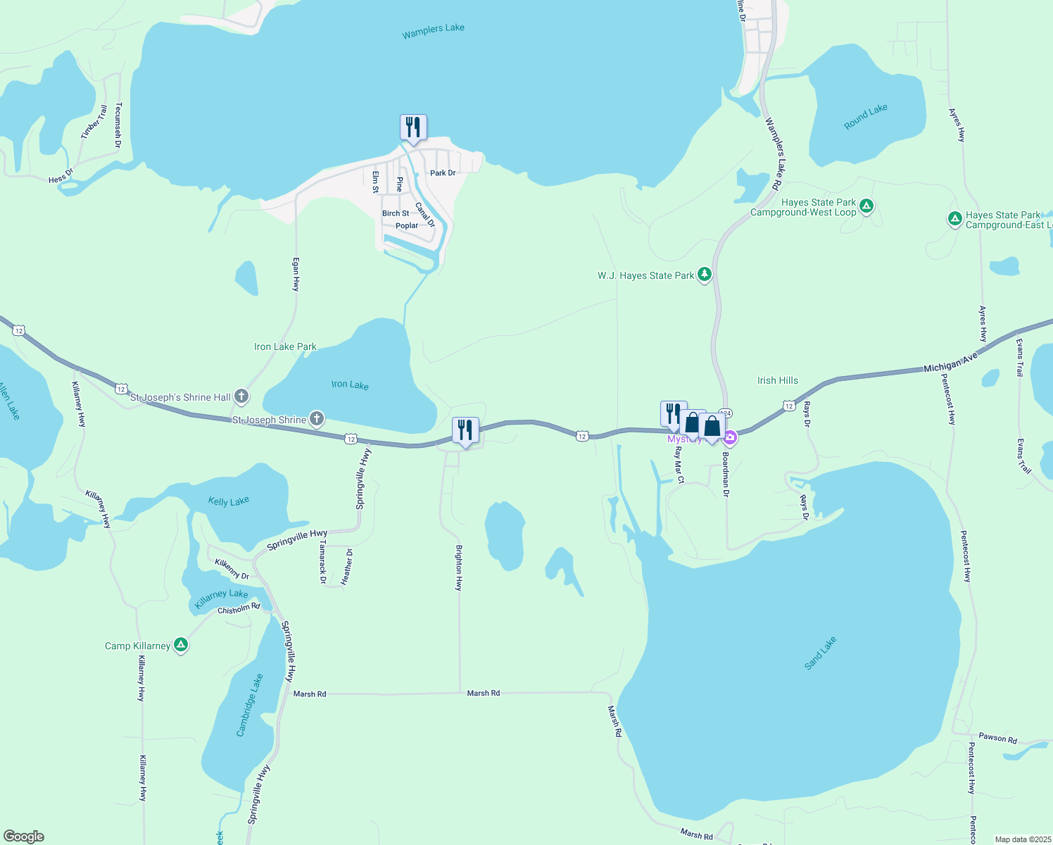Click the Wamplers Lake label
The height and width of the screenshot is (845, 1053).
click(x=433, y=31)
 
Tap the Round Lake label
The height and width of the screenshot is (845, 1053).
click(x=865, y=117)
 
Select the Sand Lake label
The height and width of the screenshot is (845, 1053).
click(x=820, y=653)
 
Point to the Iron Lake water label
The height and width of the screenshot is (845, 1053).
click(x=350, y=384)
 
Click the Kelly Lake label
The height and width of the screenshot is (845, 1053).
click(x=229, y=501)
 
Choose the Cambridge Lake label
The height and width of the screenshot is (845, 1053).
click(x=249, y=705)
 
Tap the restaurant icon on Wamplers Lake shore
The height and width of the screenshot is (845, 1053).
click(x=413, y=127)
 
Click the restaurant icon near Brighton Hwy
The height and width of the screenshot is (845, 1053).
click(x=465, y=430)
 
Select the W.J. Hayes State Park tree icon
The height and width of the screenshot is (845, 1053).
click(x=704, y=275)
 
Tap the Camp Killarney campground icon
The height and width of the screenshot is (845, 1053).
click(x=181, y=645)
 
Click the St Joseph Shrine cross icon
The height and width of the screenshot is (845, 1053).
click(x=317, y=420)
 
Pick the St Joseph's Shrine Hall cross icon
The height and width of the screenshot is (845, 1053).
click(x=241, y=396)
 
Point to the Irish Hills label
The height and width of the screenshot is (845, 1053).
click(x=777, y=380)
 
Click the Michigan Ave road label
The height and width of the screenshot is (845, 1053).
click(x=950, y=363)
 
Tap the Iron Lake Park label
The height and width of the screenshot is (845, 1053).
click(x=285, y=346)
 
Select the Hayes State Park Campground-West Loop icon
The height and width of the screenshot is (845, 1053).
click(x=866, y=206)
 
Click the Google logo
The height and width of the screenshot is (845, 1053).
click(x=24, y=836)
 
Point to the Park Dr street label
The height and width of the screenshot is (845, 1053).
click(x=443, y=173)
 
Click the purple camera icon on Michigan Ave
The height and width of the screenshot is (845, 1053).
click(x=730, y=439)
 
